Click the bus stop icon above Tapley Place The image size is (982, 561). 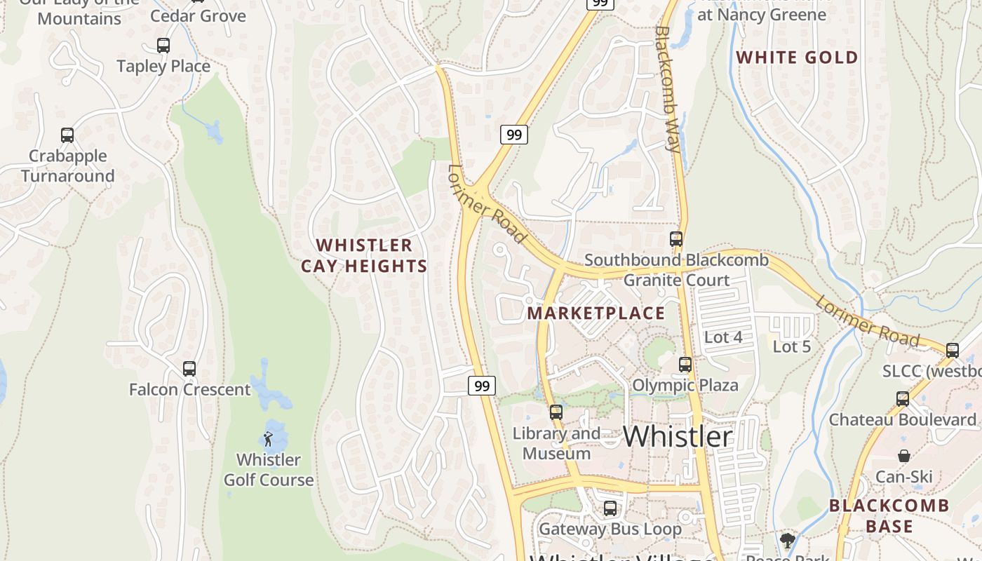(x=163, y=46)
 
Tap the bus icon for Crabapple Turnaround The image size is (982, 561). (x=67, y=135)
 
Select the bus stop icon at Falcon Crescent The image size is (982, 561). (x=189, y=369)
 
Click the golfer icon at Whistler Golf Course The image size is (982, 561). (x=268, y=440)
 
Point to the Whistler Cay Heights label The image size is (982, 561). (x=364, y=255)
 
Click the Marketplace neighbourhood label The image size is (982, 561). (x=596, y=313)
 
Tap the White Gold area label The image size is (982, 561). (x=797, y=58)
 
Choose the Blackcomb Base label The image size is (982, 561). (x=889, y=515)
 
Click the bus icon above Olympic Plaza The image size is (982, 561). (x=685, y=365)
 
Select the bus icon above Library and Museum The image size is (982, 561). (x=556, y=412)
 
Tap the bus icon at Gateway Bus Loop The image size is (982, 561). (x=610, y=508)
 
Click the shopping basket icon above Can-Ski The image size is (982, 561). (x=904, y=457)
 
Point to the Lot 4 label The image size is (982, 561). (x=722, y=337)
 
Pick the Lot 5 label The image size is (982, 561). (x=791, y=346)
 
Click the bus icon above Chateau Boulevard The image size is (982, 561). (x=903, y=399)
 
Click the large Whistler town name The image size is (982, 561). (x=678, y=436)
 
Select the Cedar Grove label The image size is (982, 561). (x=199, y=15)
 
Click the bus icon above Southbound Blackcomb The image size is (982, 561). (x=676, y=239)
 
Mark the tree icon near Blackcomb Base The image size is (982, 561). (x=788, y=540)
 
